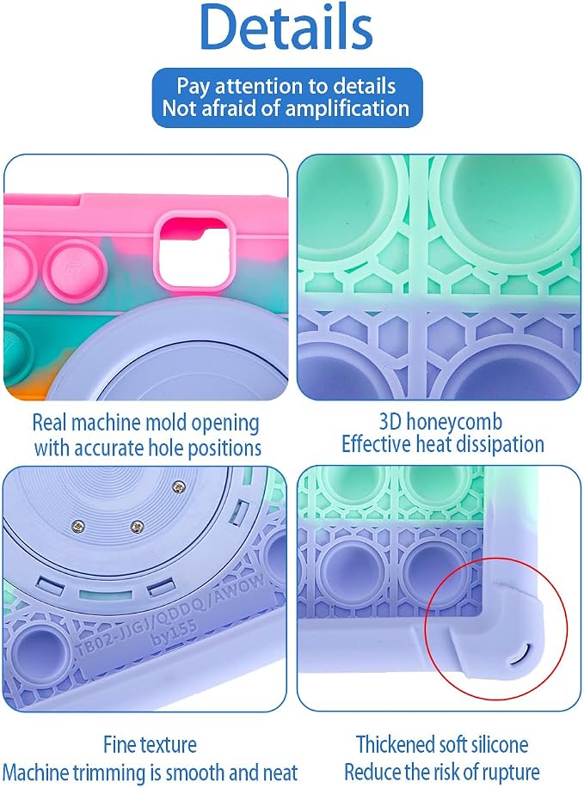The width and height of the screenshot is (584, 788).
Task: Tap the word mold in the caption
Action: [x=165, y=423]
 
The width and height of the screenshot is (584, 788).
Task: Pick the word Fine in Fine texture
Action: [x=120, y=744]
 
